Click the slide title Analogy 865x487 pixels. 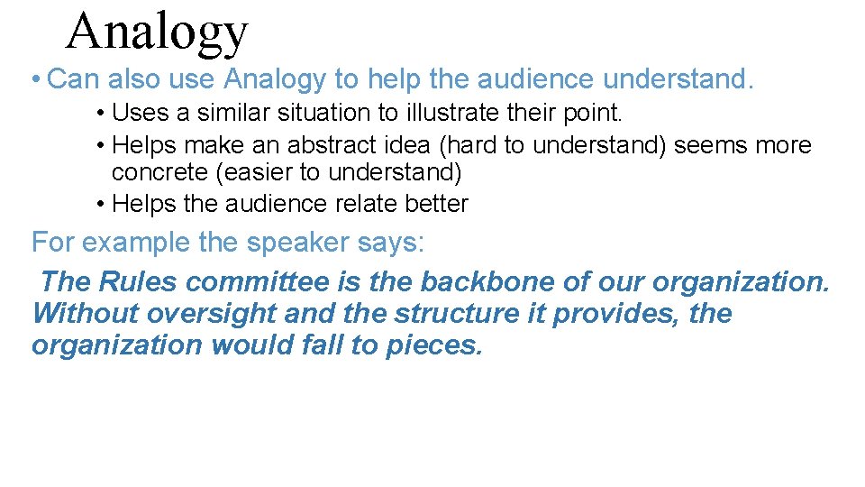pos(157,32)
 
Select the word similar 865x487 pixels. pos(216,113)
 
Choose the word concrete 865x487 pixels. pos(160,172)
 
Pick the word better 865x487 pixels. pos(433,204)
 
